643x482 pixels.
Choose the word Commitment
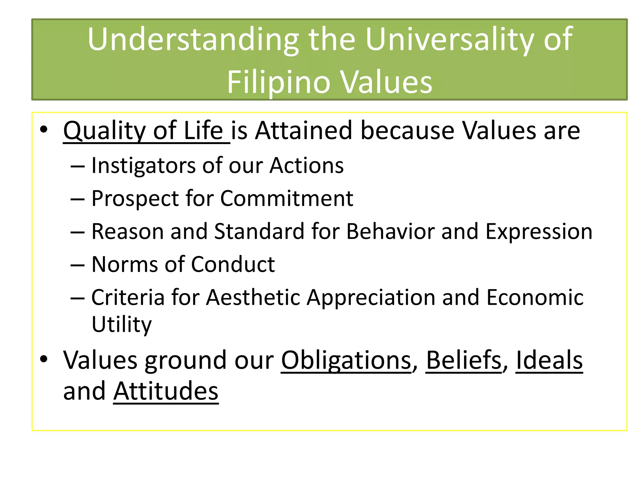[x=286, y=199]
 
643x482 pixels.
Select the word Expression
[x=538, y=232]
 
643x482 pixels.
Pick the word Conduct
[x=233, y=264]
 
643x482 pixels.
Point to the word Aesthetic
[x=253, y=297]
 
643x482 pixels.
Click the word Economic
[x=535, y=297]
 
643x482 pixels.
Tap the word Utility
[x=122, y=324]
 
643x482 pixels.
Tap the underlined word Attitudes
[x=166, y=391]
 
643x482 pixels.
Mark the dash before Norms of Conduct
[x=78, y=265]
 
